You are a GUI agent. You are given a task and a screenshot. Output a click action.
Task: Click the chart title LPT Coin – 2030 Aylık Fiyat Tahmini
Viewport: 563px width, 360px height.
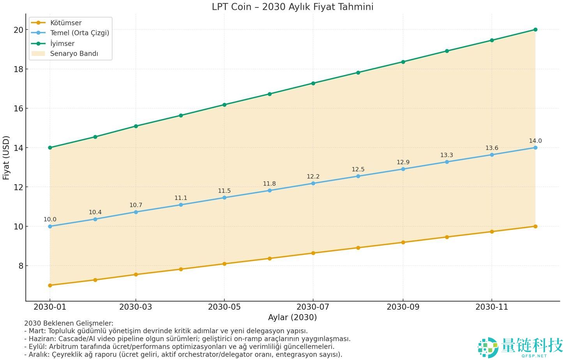[x=292, y=7]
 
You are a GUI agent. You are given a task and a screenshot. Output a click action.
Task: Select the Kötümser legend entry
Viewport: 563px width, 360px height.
[x=65, y=23]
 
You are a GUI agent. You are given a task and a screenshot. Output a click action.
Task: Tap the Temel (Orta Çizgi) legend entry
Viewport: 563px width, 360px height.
[x=79, y=33]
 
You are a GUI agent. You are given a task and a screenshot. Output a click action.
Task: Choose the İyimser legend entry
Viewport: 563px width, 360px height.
[x=62, y=43]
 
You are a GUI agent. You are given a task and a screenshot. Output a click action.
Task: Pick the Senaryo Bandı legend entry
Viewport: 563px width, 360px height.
[x=74, y=53]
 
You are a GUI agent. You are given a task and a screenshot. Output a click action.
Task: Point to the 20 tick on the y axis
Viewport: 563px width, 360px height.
[x=18, y=30]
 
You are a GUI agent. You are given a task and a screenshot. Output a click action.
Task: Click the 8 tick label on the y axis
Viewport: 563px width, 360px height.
[x=21, y=266]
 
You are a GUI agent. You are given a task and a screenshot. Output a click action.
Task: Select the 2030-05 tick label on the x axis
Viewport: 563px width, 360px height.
[x=224, y=307]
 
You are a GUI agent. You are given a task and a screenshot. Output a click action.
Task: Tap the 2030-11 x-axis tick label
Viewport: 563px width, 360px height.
[x=492, y=307]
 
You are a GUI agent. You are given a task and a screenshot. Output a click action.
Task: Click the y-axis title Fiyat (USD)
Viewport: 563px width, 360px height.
[x=6, y=157]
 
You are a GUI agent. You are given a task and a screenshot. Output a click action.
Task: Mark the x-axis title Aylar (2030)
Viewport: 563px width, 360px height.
[x=292, y=317]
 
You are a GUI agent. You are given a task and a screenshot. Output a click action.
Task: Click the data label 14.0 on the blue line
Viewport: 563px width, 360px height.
[x=535, y=141]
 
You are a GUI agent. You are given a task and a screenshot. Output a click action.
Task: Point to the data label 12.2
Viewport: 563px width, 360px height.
[x=313, y=176]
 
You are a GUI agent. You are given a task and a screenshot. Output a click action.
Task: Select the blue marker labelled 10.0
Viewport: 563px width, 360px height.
[x=50, y=226]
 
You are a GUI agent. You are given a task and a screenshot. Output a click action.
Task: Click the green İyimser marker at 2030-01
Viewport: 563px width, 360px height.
[x=50, y=148]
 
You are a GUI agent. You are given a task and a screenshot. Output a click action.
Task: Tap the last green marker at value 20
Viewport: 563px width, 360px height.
[x=535, y=30]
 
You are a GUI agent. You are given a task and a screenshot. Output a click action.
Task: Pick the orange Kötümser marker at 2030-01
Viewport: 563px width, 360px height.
[x=50, y=285]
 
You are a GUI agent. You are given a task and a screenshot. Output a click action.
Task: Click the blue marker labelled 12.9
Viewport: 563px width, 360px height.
[x=403, y=169]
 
